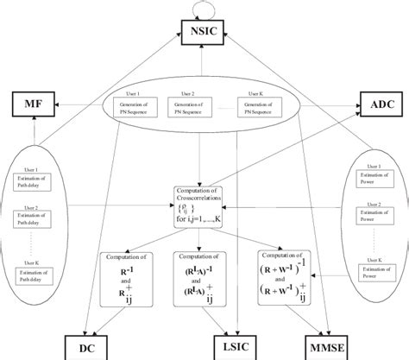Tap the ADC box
pyautogui.click(x=379, y=107)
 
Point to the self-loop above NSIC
pyautogui.click(x=204, y=8)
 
